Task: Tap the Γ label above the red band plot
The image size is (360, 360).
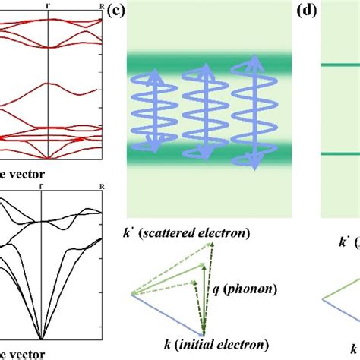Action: click(x=49, y=6)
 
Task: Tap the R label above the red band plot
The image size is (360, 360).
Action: click(x=102, y=6)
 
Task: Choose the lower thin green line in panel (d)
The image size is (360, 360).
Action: click(x=340, y=153)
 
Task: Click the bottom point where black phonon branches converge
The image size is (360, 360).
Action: click(x=41, y=339)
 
